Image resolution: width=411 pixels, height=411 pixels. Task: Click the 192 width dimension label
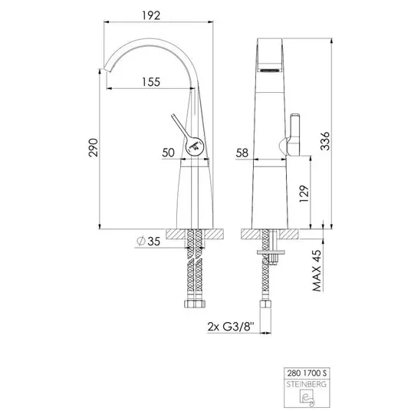(151, 16)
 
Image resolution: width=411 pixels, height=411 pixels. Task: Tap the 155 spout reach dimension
(151, 82)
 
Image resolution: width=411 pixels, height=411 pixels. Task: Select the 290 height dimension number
(94, 148)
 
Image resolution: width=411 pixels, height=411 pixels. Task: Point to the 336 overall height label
(325, 141)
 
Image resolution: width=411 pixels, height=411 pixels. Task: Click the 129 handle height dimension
(304, 194)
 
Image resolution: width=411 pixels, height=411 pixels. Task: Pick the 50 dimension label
(168, 153)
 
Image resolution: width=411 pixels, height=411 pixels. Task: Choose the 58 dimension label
(242, 153)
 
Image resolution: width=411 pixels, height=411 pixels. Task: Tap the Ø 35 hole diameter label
(148, 241)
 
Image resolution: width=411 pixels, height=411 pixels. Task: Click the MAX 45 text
(317, 271)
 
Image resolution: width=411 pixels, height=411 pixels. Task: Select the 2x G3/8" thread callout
(231, 327)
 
